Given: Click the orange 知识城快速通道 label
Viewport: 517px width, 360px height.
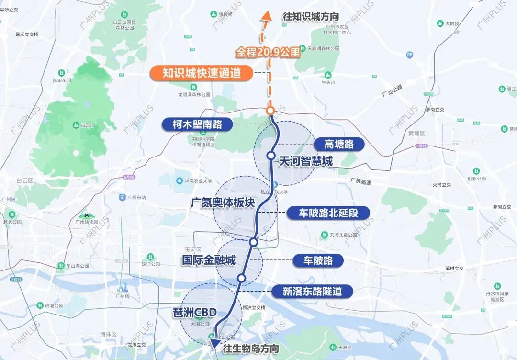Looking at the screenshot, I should click(x=201, y=73).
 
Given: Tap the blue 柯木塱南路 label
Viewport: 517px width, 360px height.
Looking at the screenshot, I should click(x=197, y=124).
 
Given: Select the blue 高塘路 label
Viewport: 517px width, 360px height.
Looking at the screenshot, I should click(x=338, y=144).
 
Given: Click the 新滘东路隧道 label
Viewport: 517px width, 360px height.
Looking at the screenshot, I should click(x=312, y=291).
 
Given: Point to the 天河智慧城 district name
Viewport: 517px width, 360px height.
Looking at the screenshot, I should click(x=306, y=161).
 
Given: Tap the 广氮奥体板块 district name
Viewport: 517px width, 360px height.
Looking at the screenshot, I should click(x=222, y=202).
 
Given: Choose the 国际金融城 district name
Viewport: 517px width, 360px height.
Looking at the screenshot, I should click(x=208, y=260).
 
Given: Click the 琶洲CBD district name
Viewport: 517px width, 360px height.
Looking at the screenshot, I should click(x=195, y=313).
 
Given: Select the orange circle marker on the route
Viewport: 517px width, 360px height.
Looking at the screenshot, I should click(x=270, y=111).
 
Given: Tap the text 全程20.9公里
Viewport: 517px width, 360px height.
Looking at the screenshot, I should click(x=268, y=52).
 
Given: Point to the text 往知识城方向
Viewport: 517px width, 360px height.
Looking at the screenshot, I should click(x=311, y=17).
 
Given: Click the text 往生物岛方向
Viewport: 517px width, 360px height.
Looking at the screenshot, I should click(x=251, y=349).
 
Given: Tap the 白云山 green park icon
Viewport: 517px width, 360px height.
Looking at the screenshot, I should click(x=76, y=125).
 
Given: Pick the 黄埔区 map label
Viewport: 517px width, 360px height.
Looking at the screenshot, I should click(x=416, y=133).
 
